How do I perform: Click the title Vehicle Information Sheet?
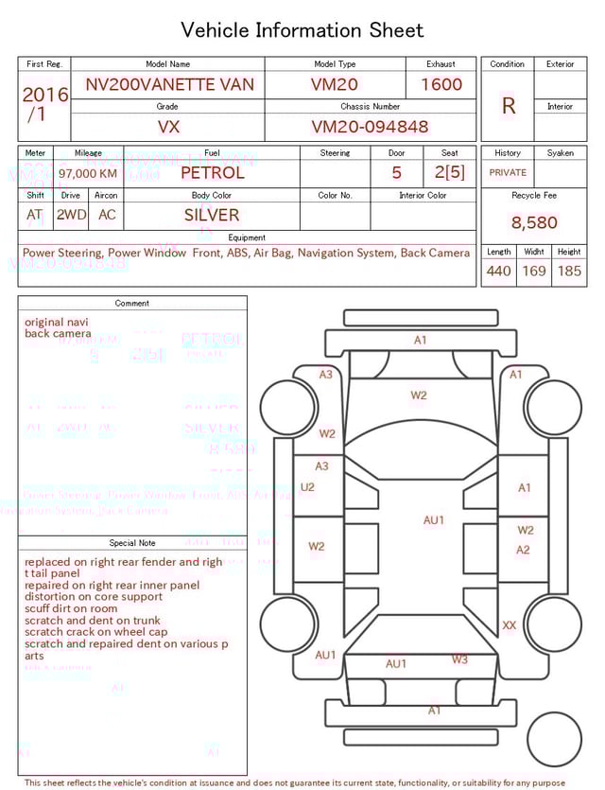(302, 30)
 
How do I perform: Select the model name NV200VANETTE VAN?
(169, 85)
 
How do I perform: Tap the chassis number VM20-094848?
(370, 127)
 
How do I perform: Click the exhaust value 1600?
(441, 85)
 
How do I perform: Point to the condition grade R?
(508, 106)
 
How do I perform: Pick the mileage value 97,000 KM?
(88, 174)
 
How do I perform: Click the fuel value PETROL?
(212, 173)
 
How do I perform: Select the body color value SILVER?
(212, 215)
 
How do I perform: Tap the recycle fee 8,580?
(533, 223)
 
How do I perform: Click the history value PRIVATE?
(508, 173)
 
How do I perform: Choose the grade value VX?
(168, 127)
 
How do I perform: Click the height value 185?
(569, 272)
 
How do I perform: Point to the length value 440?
(498, 272)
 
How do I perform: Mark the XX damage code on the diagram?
(510, 625)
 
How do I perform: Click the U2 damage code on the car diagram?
(307, 487)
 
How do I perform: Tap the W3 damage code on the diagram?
(458, 659)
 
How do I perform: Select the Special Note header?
(132, 543)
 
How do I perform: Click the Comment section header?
(132, 304)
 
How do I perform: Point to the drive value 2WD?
(71, 215)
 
